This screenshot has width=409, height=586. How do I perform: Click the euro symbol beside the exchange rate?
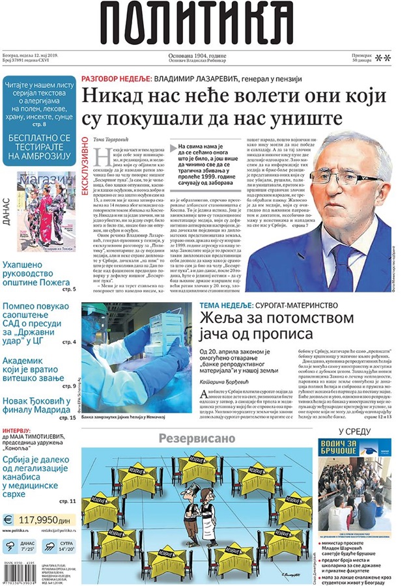pos(9,520)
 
